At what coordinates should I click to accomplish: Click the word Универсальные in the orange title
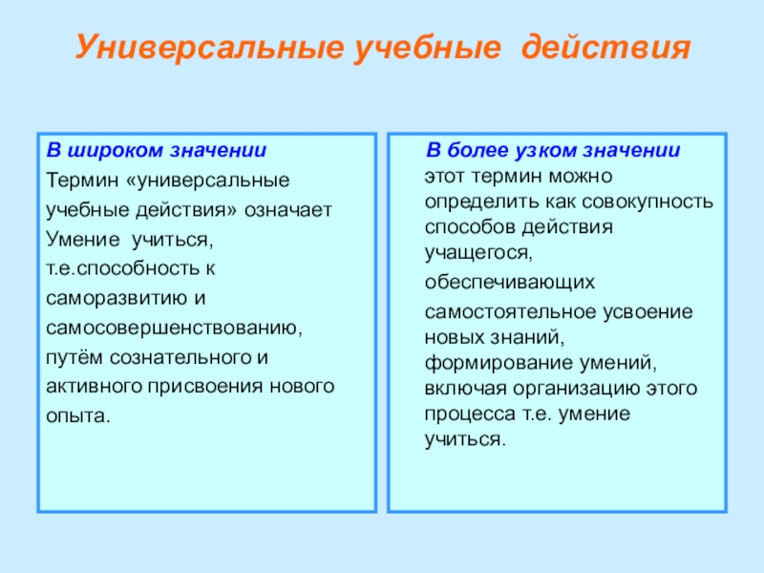pos(209,48)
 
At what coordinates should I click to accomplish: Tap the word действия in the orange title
pos(605,47)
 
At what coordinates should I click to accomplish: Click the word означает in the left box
pos(288,210)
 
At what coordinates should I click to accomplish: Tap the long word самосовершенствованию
pos(174,328)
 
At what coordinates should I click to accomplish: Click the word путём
pos(74,357)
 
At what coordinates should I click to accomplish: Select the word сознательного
pos(180,357)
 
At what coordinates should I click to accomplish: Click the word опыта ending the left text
pos(78,416)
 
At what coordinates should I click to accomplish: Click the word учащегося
pos(478,253)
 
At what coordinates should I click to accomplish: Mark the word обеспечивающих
pos(510,282)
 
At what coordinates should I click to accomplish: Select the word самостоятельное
pos(510,312)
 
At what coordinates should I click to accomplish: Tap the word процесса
pos(470,414)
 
